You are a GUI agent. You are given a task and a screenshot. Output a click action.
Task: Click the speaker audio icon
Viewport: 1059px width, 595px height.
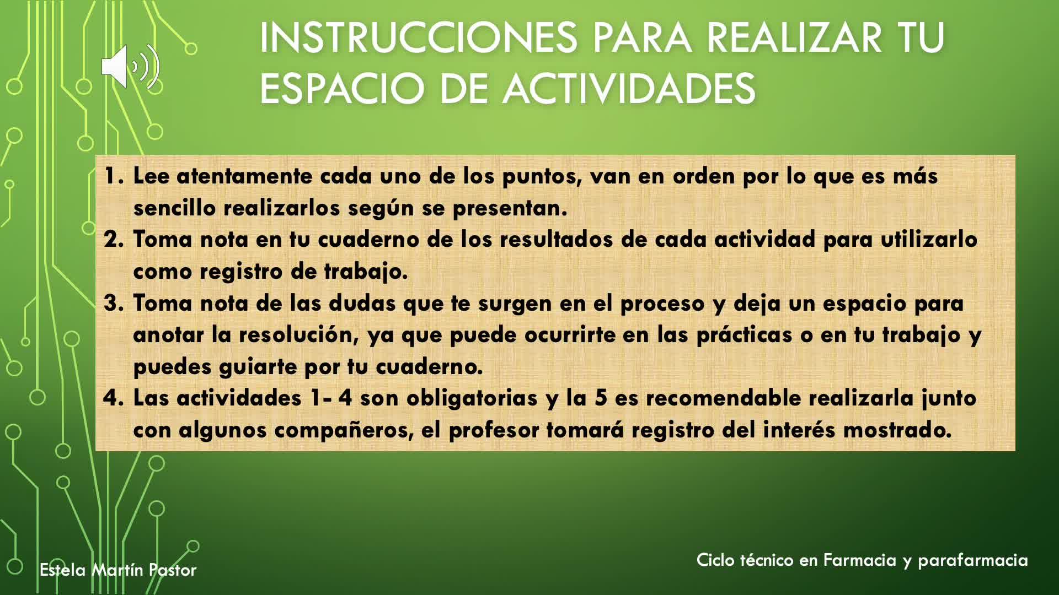point(131,67)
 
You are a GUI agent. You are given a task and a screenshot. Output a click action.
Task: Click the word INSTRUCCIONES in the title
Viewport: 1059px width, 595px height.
point(419,37)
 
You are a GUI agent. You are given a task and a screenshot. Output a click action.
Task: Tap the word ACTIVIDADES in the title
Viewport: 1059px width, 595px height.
point(629,88)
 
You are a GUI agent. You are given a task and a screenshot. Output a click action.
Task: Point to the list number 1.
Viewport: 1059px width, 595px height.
point(113,176)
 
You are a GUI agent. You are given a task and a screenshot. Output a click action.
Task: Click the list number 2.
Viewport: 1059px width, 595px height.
point(113,239)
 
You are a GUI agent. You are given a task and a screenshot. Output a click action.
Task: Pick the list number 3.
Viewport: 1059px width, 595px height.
point(113,303)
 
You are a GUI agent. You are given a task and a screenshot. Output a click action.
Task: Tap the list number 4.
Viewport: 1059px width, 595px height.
point(113,398)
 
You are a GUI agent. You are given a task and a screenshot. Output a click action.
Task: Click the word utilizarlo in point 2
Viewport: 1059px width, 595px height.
point(929,239)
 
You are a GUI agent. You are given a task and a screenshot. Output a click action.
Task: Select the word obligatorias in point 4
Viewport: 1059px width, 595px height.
point(472,398)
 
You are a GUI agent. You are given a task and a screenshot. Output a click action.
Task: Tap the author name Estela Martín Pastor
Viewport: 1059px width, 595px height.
point(118,570)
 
